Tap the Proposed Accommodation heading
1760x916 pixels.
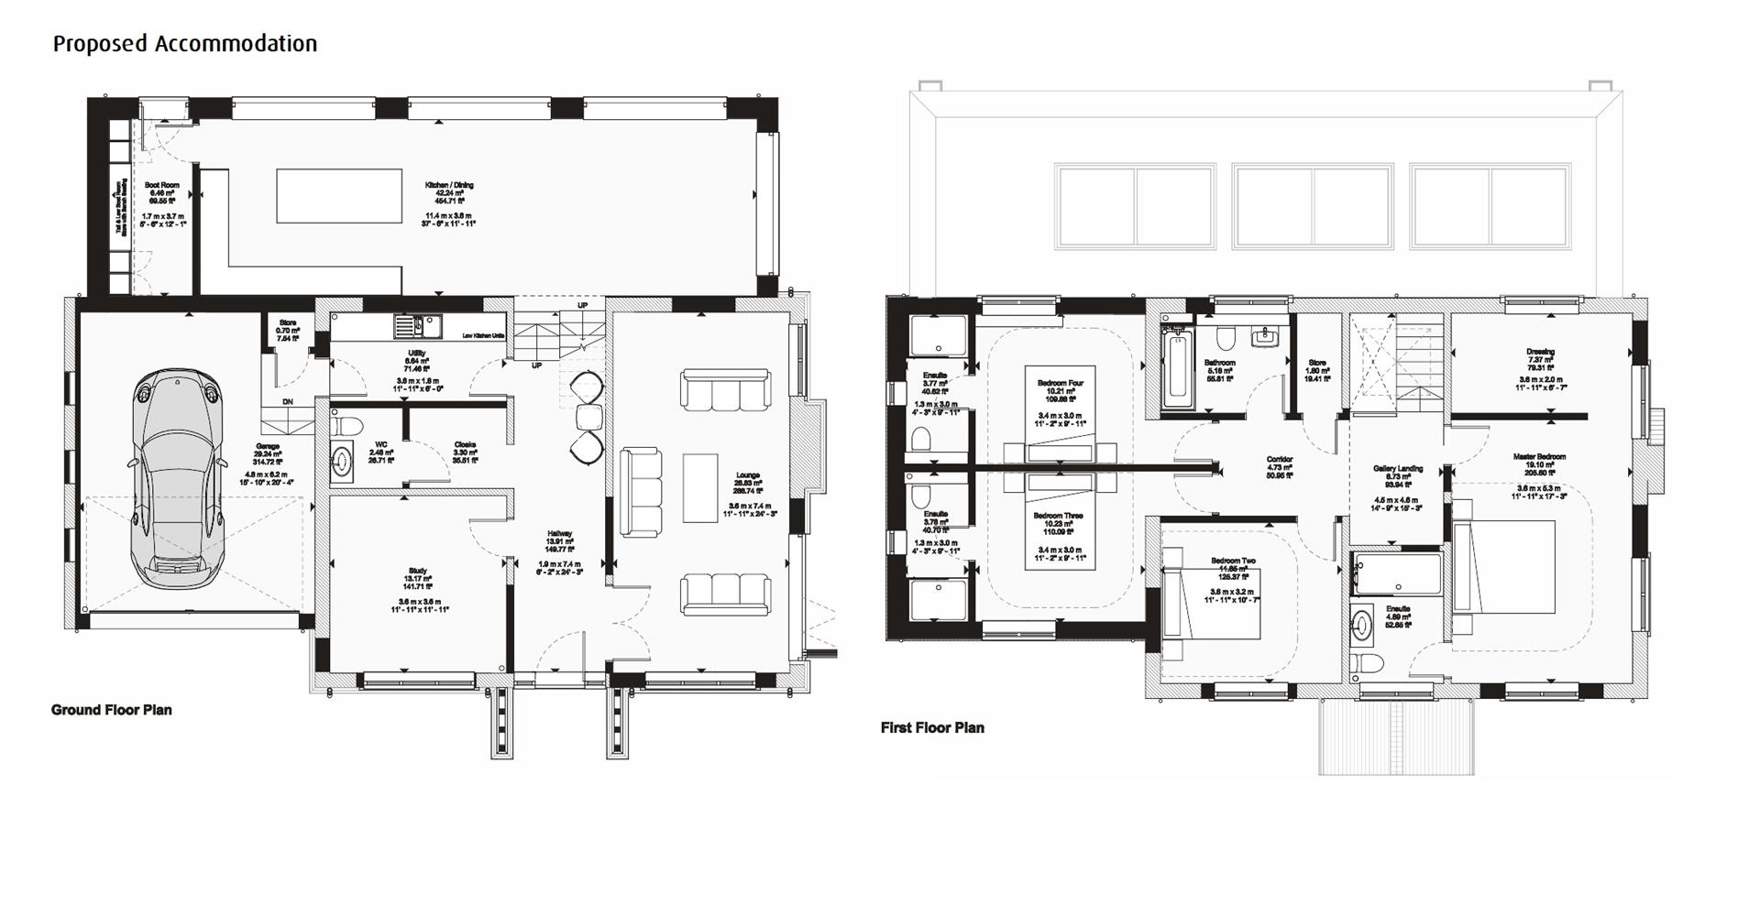184,43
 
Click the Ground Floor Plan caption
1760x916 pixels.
111,710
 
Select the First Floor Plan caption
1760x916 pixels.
932,727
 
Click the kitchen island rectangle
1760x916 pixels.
339,195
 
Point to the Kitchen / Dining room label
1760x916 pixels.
449,185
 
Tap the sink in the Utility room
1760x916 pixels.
418,325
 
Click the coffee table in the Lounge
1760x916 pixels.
699,487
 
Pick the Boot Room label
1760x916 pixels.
162,185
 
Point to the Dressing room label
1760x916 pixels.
1540,352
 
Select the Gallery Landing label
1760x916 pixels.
1398,469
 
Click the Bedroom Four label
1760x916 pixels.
1061,383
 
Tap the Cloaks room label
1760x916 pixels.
465,445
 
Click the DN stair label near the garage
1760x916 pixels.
287,402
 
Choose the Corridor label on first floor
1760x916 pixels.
1280,460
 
